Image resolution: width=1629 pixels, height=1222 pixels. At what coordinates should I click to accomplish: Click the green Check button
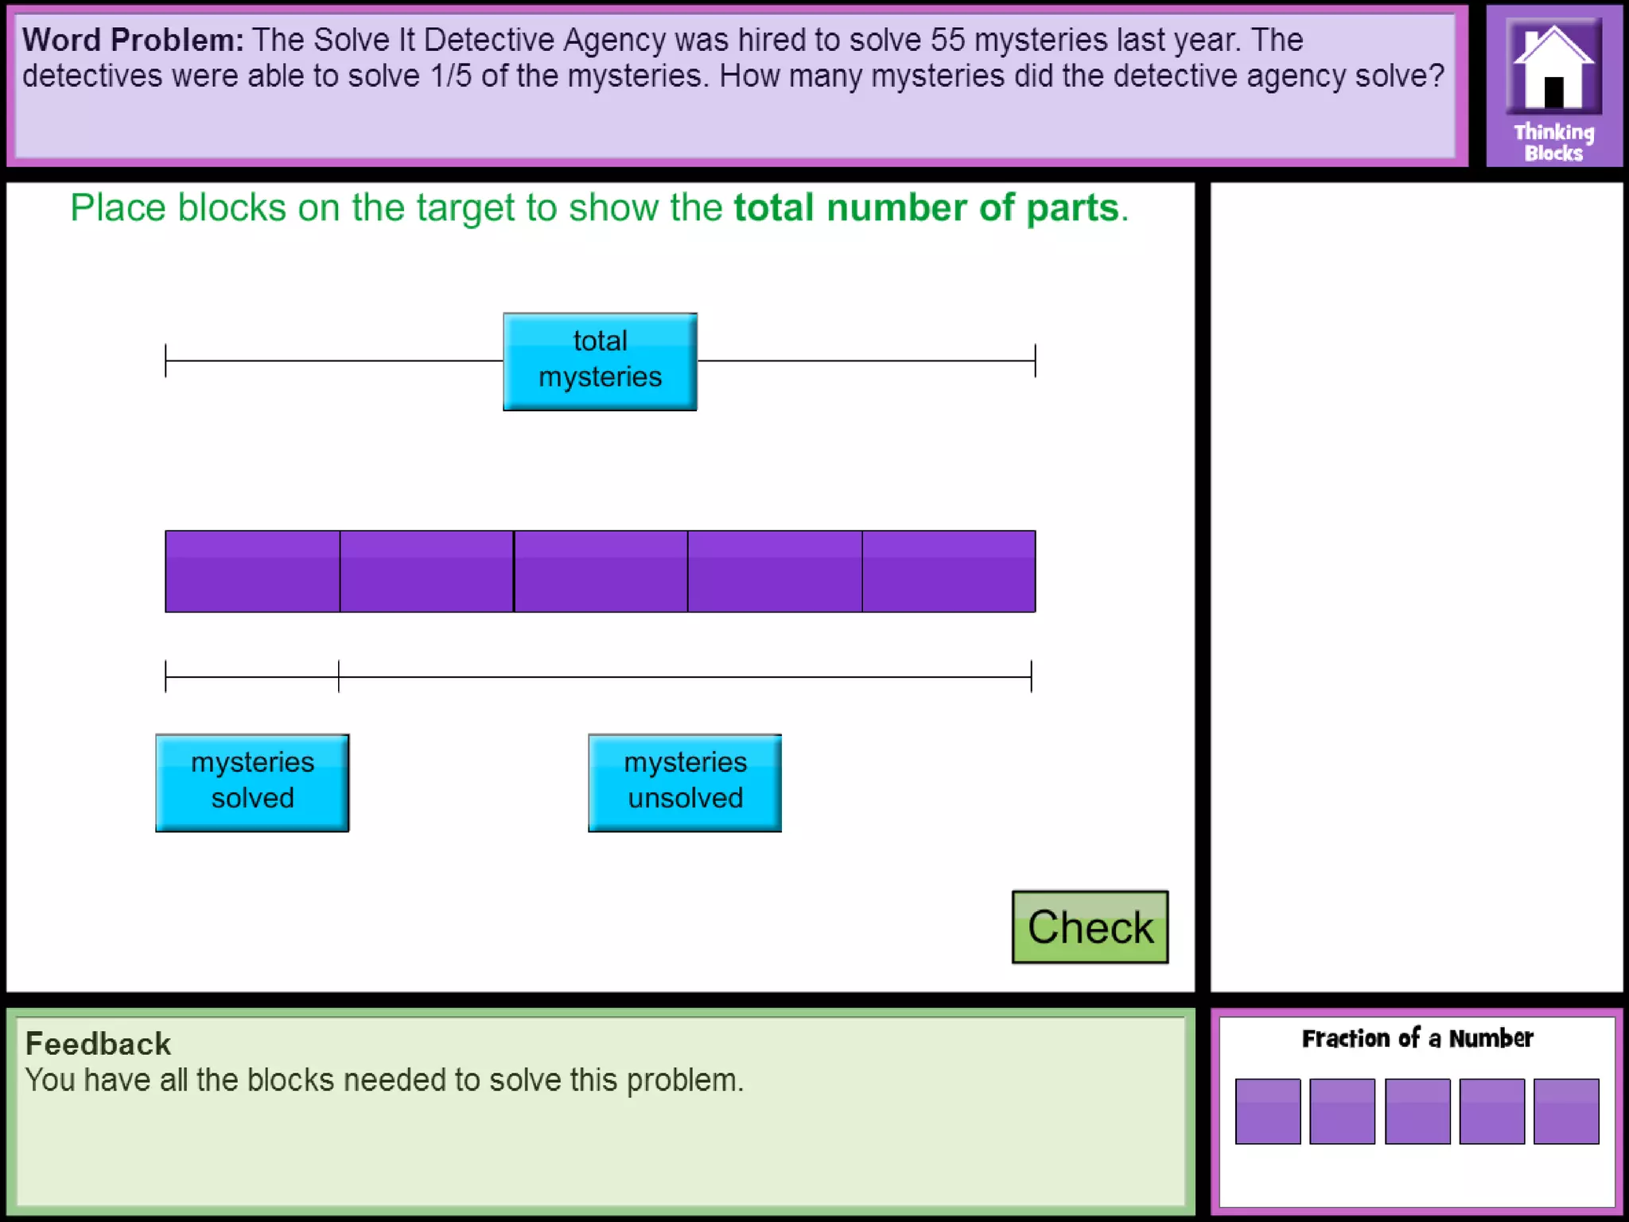tap(1090, 927)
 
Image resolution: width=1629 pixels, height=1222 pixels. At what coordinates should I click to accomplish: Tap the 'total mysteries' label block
tap(600, 361)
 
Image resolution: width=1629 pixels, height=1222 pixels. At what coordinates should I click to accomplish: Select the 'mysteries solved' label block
tap(252, 783)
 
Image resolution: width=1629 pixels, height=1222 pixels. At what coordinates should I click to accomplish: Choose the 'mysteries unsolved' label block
tap(685, 783)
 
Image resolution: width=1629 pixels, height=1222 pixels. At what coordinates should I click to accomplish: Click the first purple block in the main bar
tap(252, 571)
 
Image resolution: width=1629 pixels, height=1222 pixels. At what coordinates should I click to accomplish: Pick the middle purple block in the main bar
tap(601, 571)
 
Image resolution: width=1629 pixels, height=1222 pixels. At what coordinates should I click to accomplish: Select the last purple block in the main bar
tap(949, 571)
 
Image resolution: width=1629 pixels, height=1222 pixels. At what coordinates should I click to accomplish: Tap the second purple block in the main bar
tap(426, 571)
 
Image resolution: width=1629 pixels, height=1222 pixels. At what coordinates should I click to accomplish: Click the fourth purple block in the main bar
tap(775, 571)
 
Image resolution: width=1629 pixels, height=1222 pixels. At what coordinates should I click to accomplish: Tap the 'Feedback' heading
tap(98, 1044)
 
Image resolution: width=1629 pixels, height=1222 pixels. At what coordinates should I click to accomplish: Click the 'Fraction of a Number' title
tap(1417, 1038)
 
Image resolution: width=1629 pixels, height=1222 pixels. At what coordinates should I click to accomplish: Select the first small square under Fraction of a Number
tap(1268, 1111)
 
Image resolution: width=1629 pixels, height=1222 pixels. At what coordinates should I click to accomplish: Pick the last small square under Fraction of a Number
tap(1566, 1111)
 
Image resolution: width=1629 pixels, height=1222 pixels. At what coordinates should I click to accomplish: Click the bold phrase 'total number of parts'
tap(926, 208)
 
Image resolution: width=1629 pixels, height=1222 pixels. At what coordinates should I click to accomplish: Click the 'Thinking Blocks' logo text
tap(1553, 142)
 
